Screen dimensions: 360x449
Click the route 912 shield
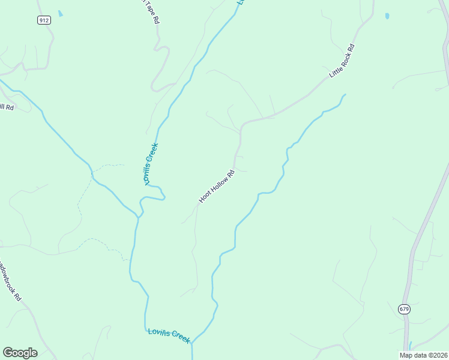(43, 20)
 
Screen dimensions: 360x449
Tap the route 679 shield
(403, 308)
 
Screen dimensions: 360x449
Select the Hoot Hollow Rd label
(215, 187)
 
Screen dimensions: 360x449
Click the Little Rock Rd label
(342, 61)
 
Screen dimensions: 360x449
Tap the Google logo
(20, 353)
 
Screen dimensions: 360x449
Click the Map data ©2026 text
(424, 355)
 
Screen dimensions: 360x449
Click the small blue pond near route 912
(59, 13)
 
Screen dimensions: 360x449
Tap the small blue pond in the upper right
(387, 16)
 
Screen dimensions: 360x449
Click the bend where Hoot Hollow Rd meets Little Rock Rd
(242, 126)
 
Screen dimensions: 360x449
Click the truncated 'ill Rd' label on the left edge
(7, 107)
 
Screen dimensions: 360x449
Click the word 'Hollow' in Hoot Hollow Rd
(217, 186)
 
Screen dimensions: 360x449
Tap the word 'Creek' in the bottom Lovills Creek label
(179, 338)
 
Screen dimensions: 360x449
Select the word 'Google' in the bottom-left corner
(20, 353)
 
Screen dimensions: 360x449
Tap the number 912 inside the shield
(43, 20)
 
